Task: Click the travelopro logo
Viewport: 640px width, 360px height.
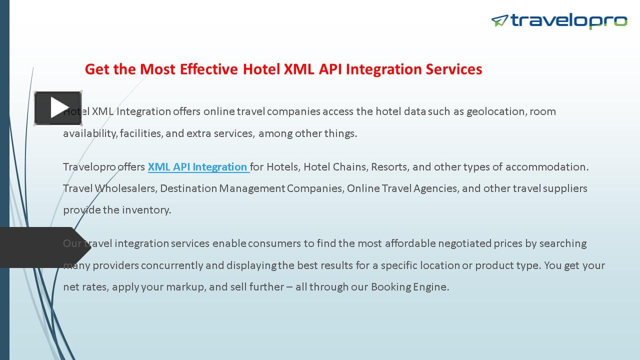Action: [x=559, y=20]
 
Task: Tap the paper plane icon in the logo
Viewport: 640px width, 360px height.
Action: [x=499, y=20]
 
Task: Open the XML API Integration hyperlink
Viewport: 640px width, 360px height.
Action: [x=198, y=167]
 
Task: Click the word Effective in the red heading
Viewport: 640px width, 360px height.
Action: [x=208, y=69]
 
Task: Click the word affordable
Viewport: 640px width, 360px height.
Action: [x=410, y=243]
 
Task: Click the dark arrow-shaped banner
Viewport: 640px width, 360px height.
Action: [x=45, y=247]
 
